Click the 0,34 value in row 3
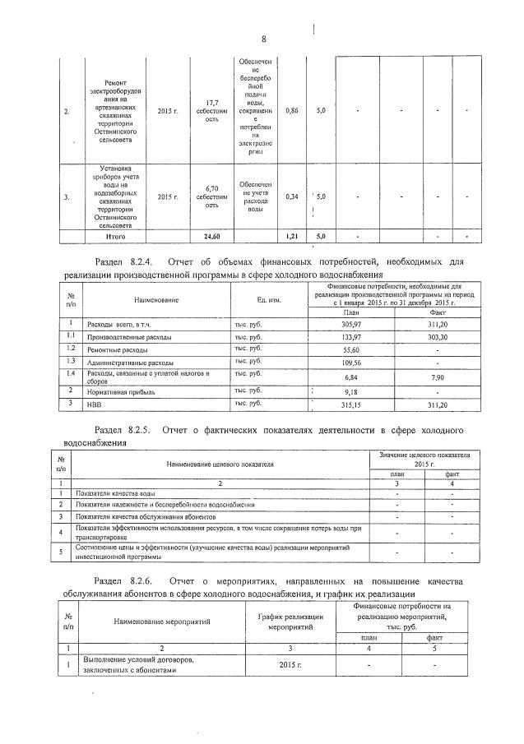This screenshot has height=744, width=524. [x=290, y=196]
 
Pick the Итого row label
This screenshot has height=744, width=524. [x=115, y=237]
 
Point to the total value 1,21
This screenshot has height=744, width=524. [x=290, y=237]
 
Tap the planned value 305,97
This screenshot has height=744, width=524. [x=351, y=326]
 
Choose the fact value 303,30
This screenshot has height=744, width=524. [x=438, y=337]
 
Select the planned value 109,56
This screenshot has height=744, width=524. [x=351, y=362]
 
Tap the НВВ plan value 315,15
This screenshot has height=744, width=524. [x=351, y=405]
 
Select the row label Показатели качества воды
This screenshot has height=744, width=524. [x=116, y=493]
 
